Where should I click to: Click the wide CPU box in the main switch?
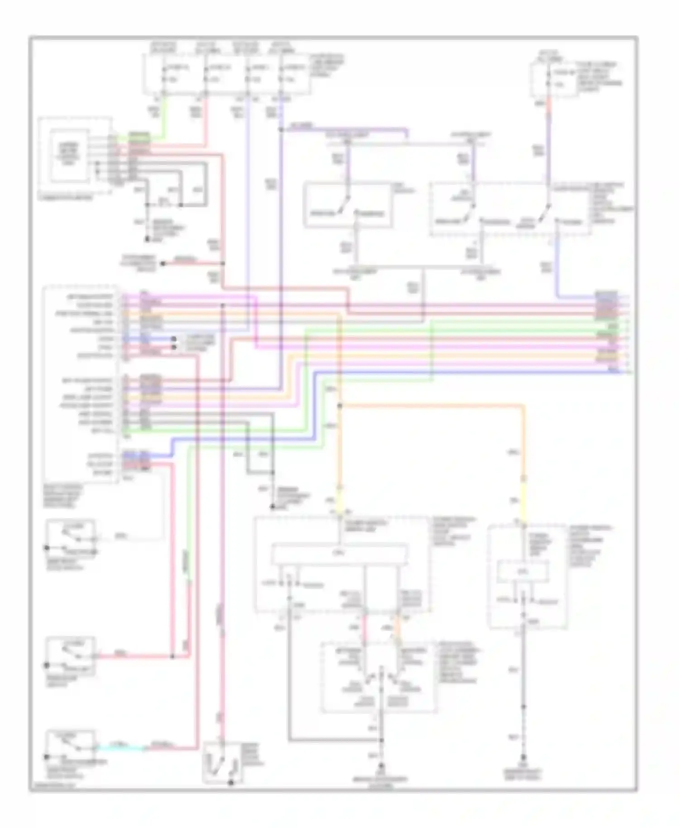[x=339, y=554]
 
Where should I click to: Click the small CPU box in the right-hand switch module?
[x=523, y=572]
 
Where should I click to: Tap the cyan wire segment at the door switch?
[x=120, y=748]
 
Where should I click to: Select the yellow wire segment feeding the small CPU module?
[x=524, y=501]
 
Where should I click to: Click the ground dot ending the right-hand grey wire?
[x=524, y=757]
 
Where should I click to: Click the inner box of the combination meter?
[x=69, y=155]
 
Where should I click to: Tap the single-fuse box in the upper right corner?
[x=554, y=79]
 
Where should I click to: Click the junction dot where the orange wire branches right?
[x=340, y=406]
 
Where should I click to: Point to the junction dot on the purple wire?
[x=281, y=130]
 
